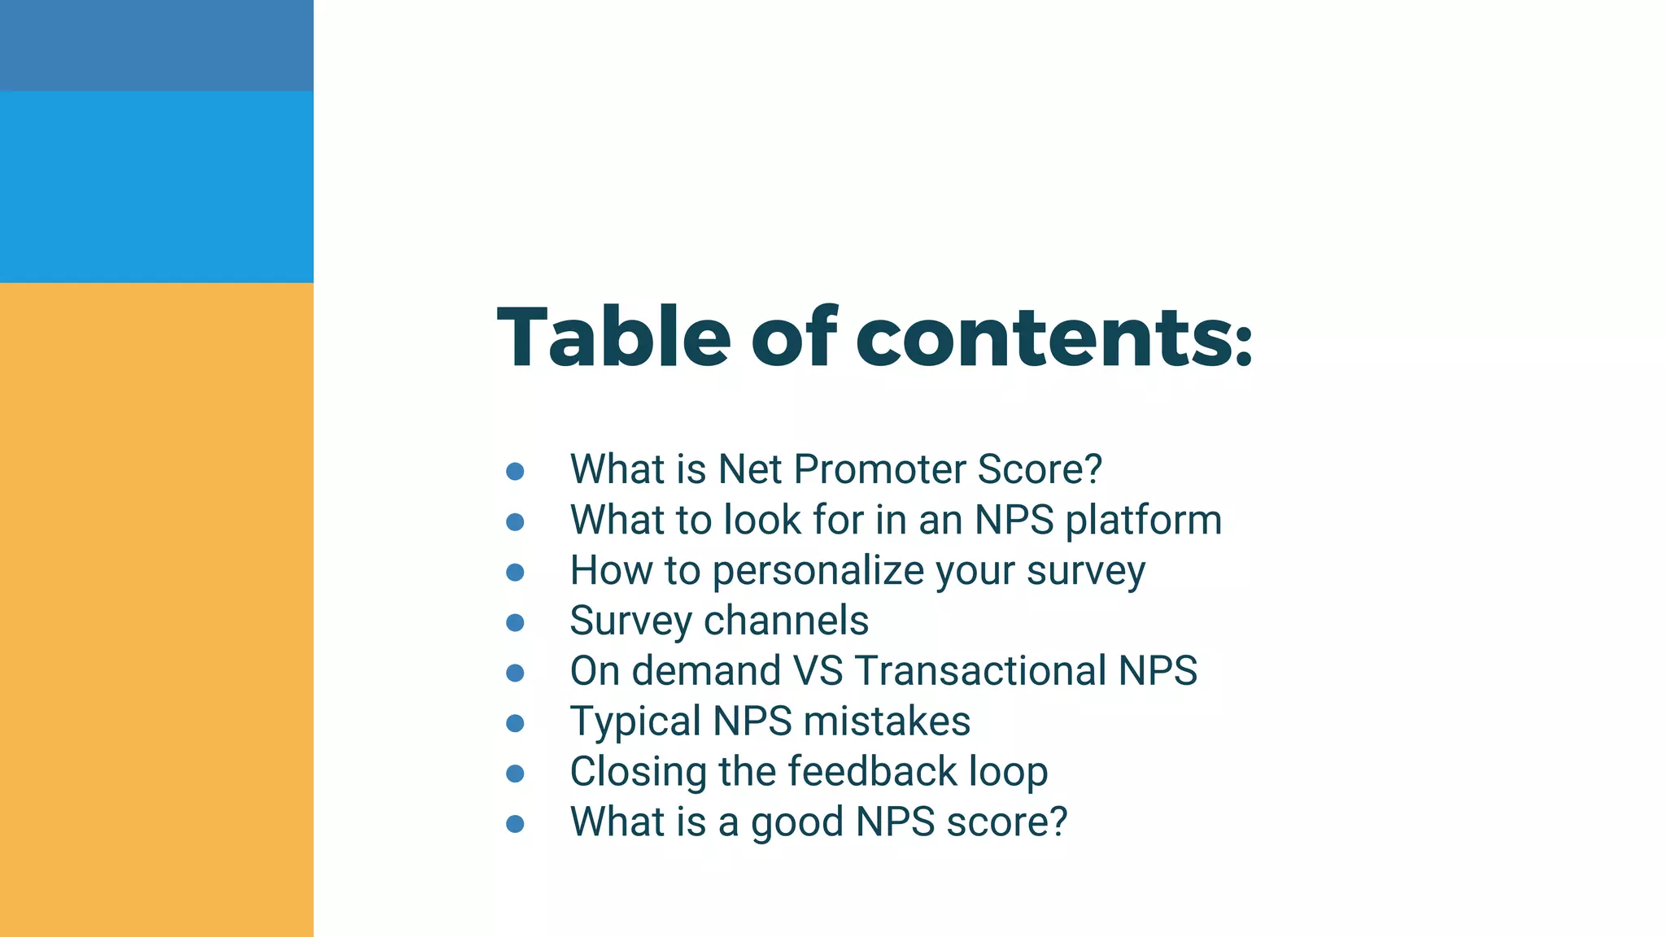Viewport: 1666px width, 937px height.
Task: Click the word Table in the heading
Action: tap(614, 337)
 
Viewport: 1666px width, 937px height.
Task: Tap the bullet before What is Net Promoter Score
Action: tap(515, 471)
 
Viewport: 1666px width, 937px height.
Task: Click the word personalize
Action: tap(818, 571)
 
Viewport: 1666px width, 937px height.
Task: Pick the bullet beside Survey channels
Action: tap(515, 622)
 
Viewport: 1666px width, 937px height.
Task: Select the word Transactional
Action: tap(980, 671)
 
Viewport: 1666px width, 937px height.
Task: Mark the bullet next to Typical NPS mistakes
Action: tap(515, 723)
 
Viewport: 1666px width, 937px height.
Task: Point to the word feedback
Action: tap(872, 771)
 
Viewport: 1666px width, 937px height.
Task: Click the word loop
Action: tap(1008, 773)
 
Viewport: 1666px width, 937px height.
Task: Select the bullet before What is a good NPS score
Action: tap(515, 824)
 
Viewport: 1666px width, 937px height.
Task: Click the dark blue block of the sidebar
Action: tap(156, 45)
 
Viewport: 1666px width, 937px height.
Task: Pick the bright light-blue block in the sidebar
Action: tap(156, 186)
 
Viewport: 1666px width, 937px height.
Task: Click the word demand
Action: tap(706, 671)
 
